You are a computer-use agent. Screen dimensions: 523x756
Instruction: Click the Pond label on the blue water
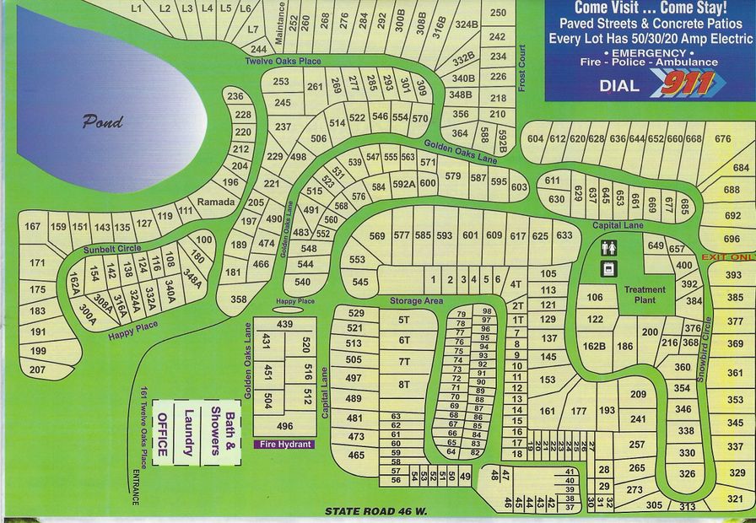pos(102,121)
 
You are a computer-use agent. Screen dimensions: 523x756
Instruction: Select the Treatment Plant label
pos(645,294)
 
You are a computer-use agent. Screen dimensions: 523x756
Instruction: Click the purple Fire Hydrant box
pos(284,444)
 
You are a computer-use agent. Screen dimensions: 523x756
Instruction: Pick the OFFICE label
pos(164,434)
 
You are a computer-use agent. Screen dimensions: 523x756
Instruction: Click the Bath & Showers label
pos(221,428)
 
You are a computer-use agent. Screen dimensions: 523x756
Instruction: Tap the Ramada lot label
pos(215,202)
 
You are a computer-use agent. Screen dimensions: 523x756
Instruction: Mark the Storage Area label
pos(416,300)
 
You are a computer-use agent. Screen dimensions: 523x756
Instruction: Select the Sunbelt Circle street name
pos(111,250)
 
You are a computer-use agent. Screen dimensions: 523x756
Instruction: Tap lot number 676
pos(722,139)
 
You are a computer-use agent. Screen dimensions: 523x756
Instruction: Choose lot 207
pos(37,369)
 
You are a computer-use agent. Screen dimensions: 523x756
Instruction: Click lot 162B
pos(594,346)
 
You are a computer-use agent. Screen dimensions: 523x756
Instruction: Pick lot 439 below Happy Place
pos(284,324)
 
